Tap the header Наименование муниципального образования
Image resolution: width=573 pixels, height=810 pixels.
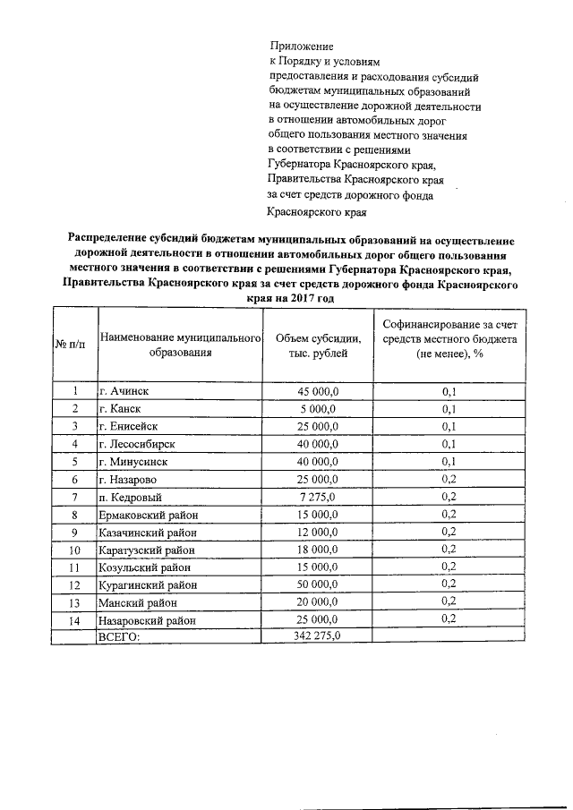180,345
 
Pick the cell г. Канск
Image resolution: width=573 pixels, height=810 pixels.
121,409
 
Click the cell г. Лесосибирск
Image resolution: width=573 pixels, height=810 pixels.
136,444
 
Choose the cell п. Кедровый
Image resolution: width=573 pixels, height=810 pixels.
130,497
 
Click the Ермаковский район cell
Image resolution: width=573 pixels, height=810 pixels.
147,515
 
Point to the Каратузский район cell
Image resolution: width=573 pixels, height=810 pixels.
146,550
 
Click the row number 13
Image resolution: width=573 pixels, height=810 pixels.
73,602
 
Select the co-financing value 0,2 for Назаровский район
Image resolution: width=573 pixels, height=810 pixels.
449,618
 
